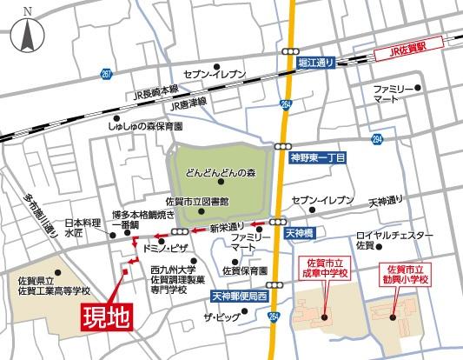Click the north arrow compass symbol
coord(26,32)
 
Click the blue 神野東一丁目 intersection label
coord(316,160)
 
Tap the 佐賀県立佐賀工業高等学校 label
coord(50,285)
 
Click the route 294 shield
coord(376,139)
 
